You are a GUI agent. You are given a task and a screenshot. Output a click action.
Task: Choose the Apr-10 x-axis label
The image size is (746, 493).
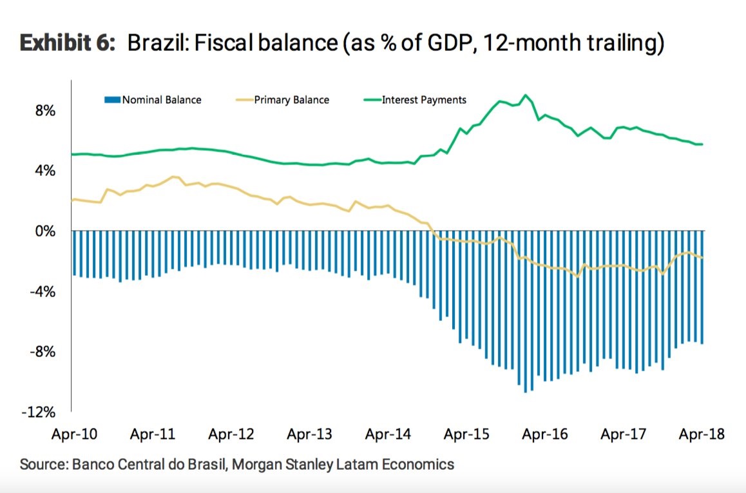point(74,434)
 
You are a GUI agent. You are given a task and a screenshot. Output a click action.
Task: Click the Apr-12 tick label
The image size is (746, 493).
point(231,434)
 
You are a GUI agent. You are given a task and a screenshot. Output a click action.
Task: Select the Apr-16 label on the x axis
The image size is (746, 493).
point(546,434)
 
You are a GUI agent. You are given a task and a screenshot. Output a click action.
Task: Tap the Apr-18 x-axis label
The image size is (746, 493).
point(702,434)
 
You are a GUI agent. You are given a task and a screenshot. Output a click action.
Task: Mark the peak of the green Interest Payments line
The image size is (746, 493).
point(526,95)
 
